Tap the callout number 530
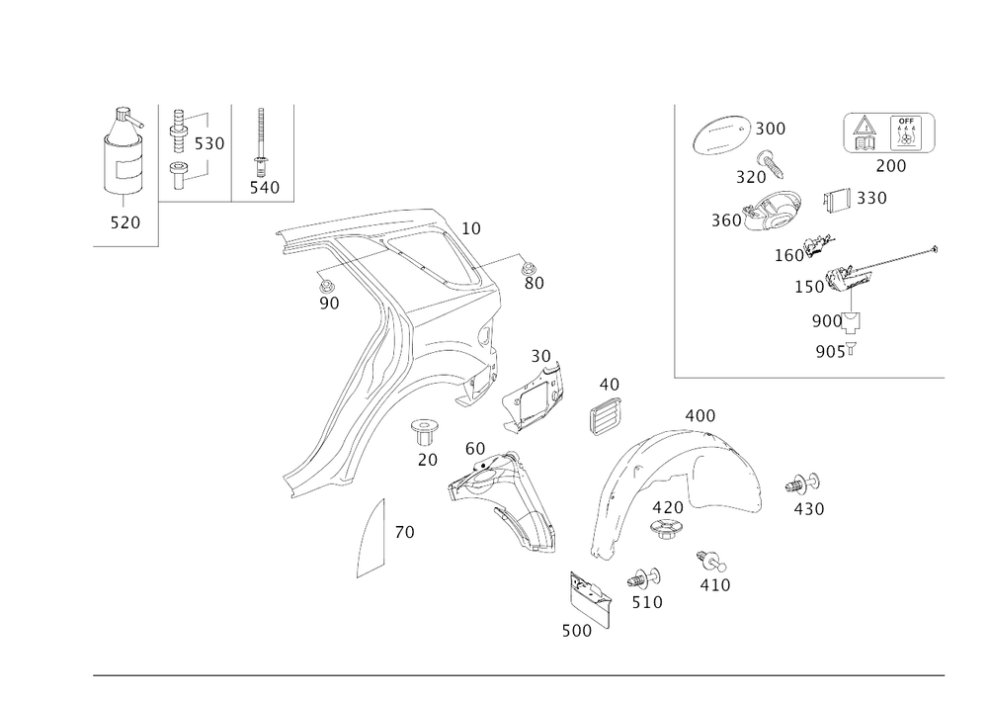(x=209, y=143)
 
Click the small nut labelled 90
(x=326, y=285)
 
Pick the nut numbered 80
(x=528, y=267)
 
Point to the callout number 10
(x=471, y=228)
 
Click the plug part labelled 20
(x=424, y=432)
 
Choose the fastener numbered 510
(x=644, y=577)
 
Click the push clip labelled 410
(x=710, y=560)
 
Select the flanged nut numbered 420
(x=665, y=528)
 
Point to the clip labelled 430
(x=802, y=484)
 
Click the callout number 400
(x=700, y=416)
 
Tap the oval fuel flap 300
(x=721, y=134)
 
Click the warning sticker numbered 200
(x=889, y=133)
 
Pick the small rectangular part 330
(x=837, y=200)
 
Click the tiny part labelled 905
(x=852, y=348)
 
